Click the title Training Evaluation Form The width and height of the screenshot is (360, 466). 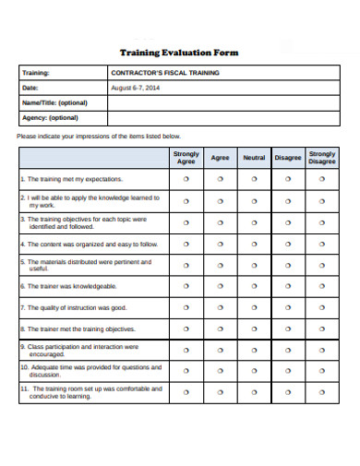[x=179, y=53]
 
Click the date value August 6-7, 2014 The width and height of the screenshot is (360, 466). [x=135, y=88]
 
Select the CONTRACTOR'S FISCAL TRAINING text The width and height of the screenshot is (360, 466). [x=164, y=72]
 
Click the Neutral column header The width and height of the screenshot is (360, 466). [x=254, y=157]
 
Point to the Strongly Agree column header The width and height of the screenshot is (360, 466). [x=186, y=157]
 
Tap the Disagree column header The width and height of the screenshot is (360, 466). [x=288, y=157]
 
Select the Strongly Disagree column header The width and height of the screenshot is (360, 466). [x=322, y=157]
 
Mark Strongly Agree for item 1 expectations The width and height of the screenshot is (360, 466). [x=186, y=179]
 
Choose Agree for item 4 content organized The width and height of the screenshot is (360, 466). [x=220, y=245]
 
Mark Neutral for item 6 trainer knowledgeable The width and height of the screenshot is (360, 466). [x=254, y=286]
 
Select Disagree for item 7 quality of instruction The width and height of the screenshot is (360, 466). [x=288, y=307]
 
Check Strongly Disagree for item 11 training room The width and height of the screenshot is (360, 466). [x=322, y=392]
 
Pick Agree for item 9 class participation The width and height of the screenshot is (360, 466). [x=220, y=350]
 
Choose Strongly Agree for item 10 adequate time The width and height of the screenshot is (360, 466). [x=186, y=371]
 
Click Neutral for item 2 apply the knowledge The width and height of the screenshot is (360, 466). [x=254, y=200]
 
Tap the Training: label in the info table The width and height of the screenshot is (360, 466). [x=36, y=72]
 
